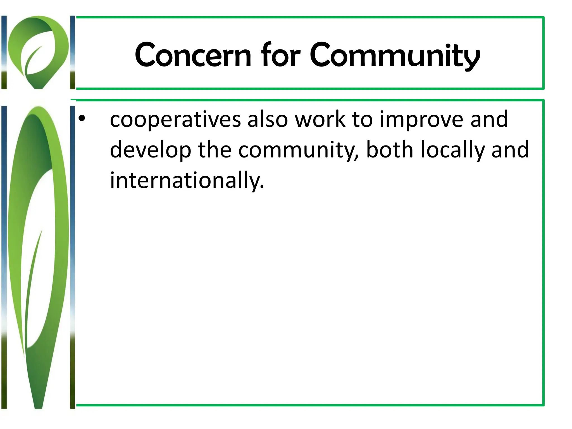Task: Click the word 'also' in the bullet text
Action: click(x=267, y=119)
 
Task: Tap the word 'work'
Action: click(x=320, y=119)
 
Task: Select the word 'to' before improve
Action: click(x=362, y=120)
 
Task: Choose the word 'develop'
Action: click(x=151, y=151)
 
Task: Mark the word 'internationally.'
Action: click(x=187, y=181)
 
